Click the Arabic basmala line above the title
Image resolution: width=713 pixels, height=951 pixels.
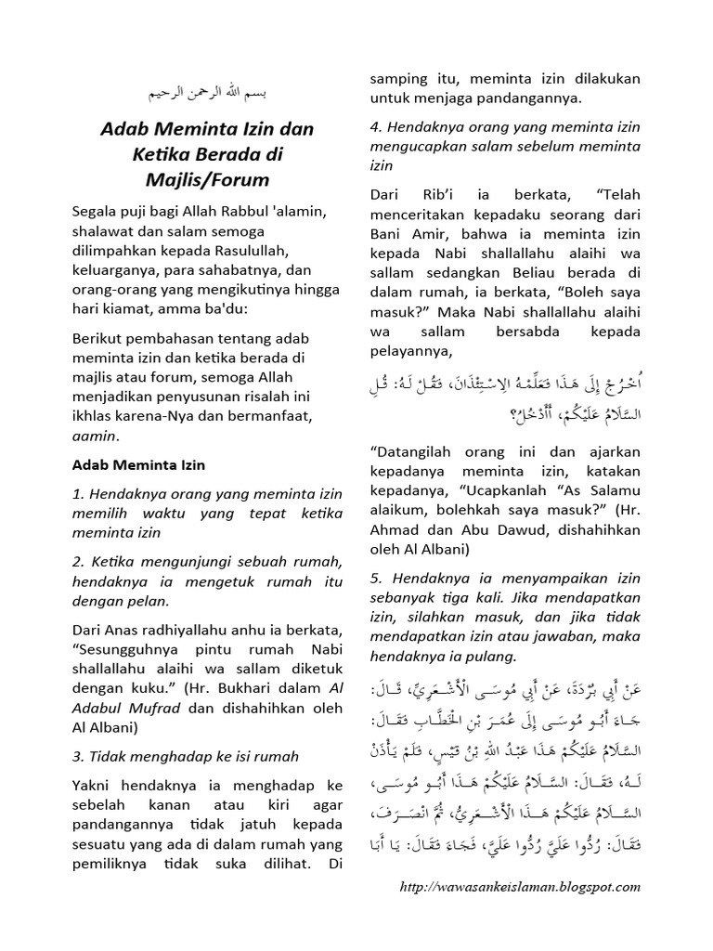tap(207, 96)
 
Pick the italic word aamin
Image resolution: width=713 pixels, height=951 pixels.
tap(94, 436)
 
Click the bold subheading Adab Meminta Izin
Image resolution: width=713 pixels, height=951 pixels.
tap(138, 464)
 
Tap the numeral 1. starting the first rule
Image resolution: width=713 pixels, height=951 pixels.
tap(78, 493)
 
